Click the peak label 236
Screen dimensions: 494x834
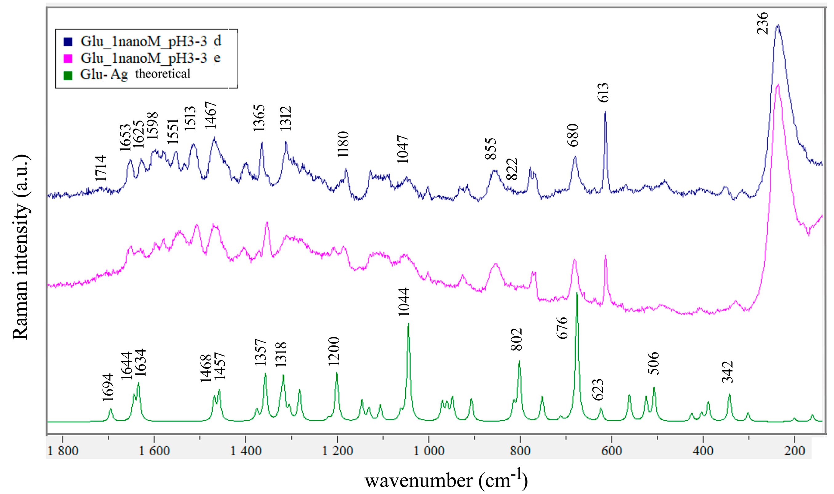pyautogui.click(x=763, y=23)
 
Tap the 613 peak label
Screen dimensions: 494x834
pyautogui.click(x=603, y=93)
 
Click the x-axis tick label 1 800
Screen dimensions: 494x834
pyautogui.click(x=63, y=451)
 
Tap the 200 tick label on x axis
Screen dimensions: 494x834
pyautogui.click(x=795, y=451)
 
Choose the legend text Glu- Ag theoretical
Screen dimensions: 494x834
pyautogui.click(x=135, y=74)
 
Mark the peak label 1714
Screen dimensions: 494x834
pyautogui.click(x=101, y=168)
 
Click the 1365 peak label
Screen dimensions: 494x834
pyautogui.click(x=259, y=118)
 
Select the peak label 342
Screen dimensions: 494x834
pyautogui.click(x=728, y=372)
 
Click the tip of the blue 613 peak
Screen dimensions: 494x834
pyautogui.click(x=605, y=112)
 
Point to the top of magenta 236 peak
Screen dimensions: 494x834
pyautogui.click(x=778, y=85)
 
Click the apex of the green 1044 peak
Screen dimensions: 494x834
pyautogui.click(x=408, y=324)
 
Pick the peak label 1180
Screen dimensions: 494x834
pyautogui.click(x=343, y=144)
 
